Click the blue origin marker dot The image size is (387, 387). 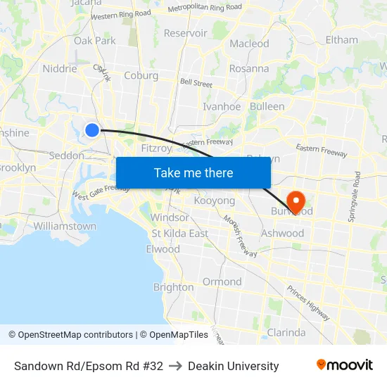pos(92,129)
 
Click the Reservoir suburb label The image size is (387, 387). pos(185,33)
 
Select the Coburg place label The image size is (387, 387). pos(141,75)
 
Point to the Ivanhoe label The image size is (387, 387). pos(222,107)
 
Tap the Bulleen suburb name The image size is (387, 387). pos(267,107)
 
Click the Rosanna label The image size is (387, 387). pos(249,69)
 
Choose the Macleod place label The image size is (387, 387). pos(249,44)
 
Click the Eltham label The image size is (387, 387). pos(342,40)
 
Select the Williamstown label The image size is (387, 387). pos(65,227)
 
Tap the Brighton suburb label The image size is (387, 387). pos(173,287)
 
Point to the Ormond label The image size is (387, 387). pos(222,281)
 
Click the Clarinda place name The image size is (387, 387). pos(286,332)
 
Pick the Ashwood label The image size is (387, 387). pos(282,233)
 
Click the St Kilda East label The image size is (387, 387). pos(180,234)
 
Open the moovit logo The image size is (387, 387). pos(344,365)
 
